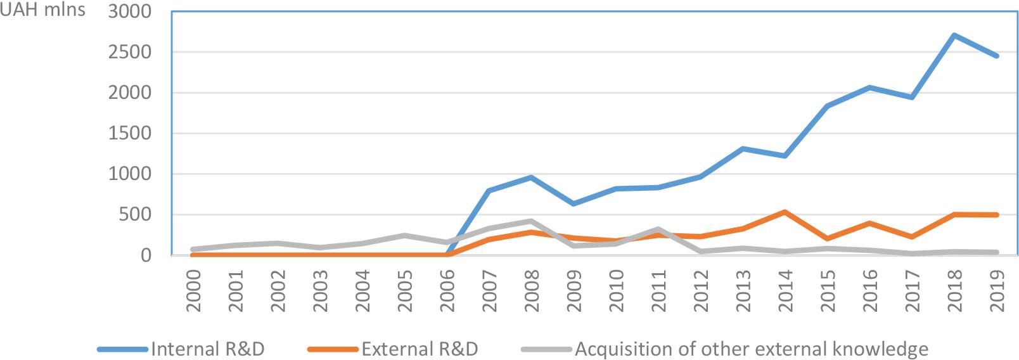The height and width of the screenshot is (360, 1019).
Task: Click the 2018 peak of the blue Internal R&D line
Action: [x=954, y=35]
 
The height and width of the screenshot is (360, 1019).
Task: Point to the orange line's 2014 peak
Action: [x=785, y=212]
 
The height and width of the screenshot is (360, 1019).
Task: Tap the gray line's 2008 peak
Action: [x=531, y=221]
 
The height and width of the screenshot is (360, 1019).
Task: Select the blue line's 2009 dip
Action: [x=574, y=203]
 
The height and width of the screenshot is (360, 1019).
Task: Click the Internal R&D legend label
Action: [x=207, y=349]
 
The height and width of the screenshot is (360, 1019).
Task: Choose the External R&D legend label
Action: [x=420, y=349]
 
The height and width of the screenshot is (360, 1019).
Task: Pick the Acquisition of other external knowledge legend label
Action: [x=751, y=349]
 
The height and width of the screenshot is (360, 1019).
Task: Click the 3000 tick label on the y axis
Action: [x=130, y=11]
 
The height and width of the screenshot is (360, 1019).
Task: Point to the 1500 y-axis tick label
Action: [x=130, y=133]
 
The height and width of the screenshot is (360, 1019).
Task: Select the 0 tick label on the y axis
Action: [x=146, y=255]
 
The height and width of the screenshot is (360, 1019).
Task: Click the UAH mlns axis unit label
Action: [x=42, y=10]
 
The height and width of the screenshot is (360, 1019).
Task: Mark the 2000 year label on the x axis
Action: [x=193, y=290]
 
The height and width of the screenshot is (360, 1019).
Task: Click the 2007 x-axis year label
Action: [x=489, y=290]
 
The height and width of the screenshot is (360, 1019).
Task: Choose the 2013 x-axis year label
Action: [x=743, y=290]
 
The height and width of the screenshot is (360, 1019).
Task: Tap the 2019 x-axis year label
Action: [x=997, y=290]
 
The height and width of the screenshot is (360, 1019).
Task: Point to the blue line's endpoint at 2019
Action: [x=996, y=56]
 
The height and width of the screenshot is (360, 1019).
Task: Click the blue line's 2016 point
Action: [x=869, y=87]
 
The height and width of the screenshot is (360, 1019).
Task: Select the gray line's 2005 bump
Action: [x=404, y=236]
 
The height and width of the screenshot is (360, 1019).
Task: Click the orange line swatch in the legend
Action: [x=333, y=349]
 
